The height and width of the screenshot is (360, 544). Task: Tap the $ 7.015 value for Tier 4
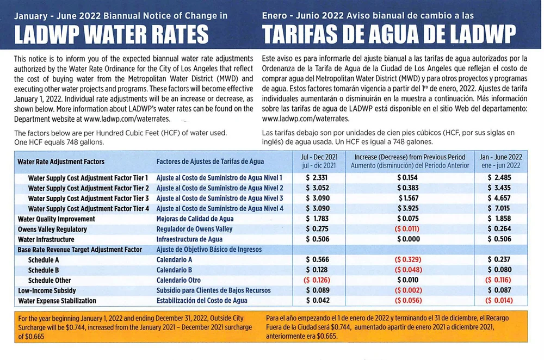[x=499, y=209]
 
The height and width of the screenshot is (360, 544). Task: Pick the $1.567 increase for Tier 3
[x=408, y=198]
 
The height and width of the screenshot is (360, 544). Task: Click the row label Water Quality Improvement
[x=57, y=219]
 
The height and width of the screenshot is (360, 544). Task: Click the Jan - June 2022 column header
[x=500, y=161]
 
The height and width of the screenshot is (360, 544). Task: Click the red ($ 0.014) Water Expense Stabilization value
[x=499, y=301]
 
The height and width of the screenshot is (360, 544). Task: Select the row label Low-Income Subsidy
[x=47, y=290]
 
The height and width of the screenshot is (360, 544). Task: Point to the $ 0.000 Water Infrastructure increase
[x=408, y=239]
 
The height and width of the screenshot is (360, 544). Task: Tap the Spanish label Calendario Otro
[x=178, y=280]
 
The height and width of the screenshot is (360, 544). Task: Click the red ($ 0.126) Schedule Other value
[x=319, y=280]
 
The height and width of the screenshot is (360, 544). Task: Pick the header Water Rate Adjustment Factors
[x=61, y=162]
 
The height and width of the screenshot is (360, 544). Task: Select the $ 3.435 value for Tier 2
[x=499, y=188]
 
